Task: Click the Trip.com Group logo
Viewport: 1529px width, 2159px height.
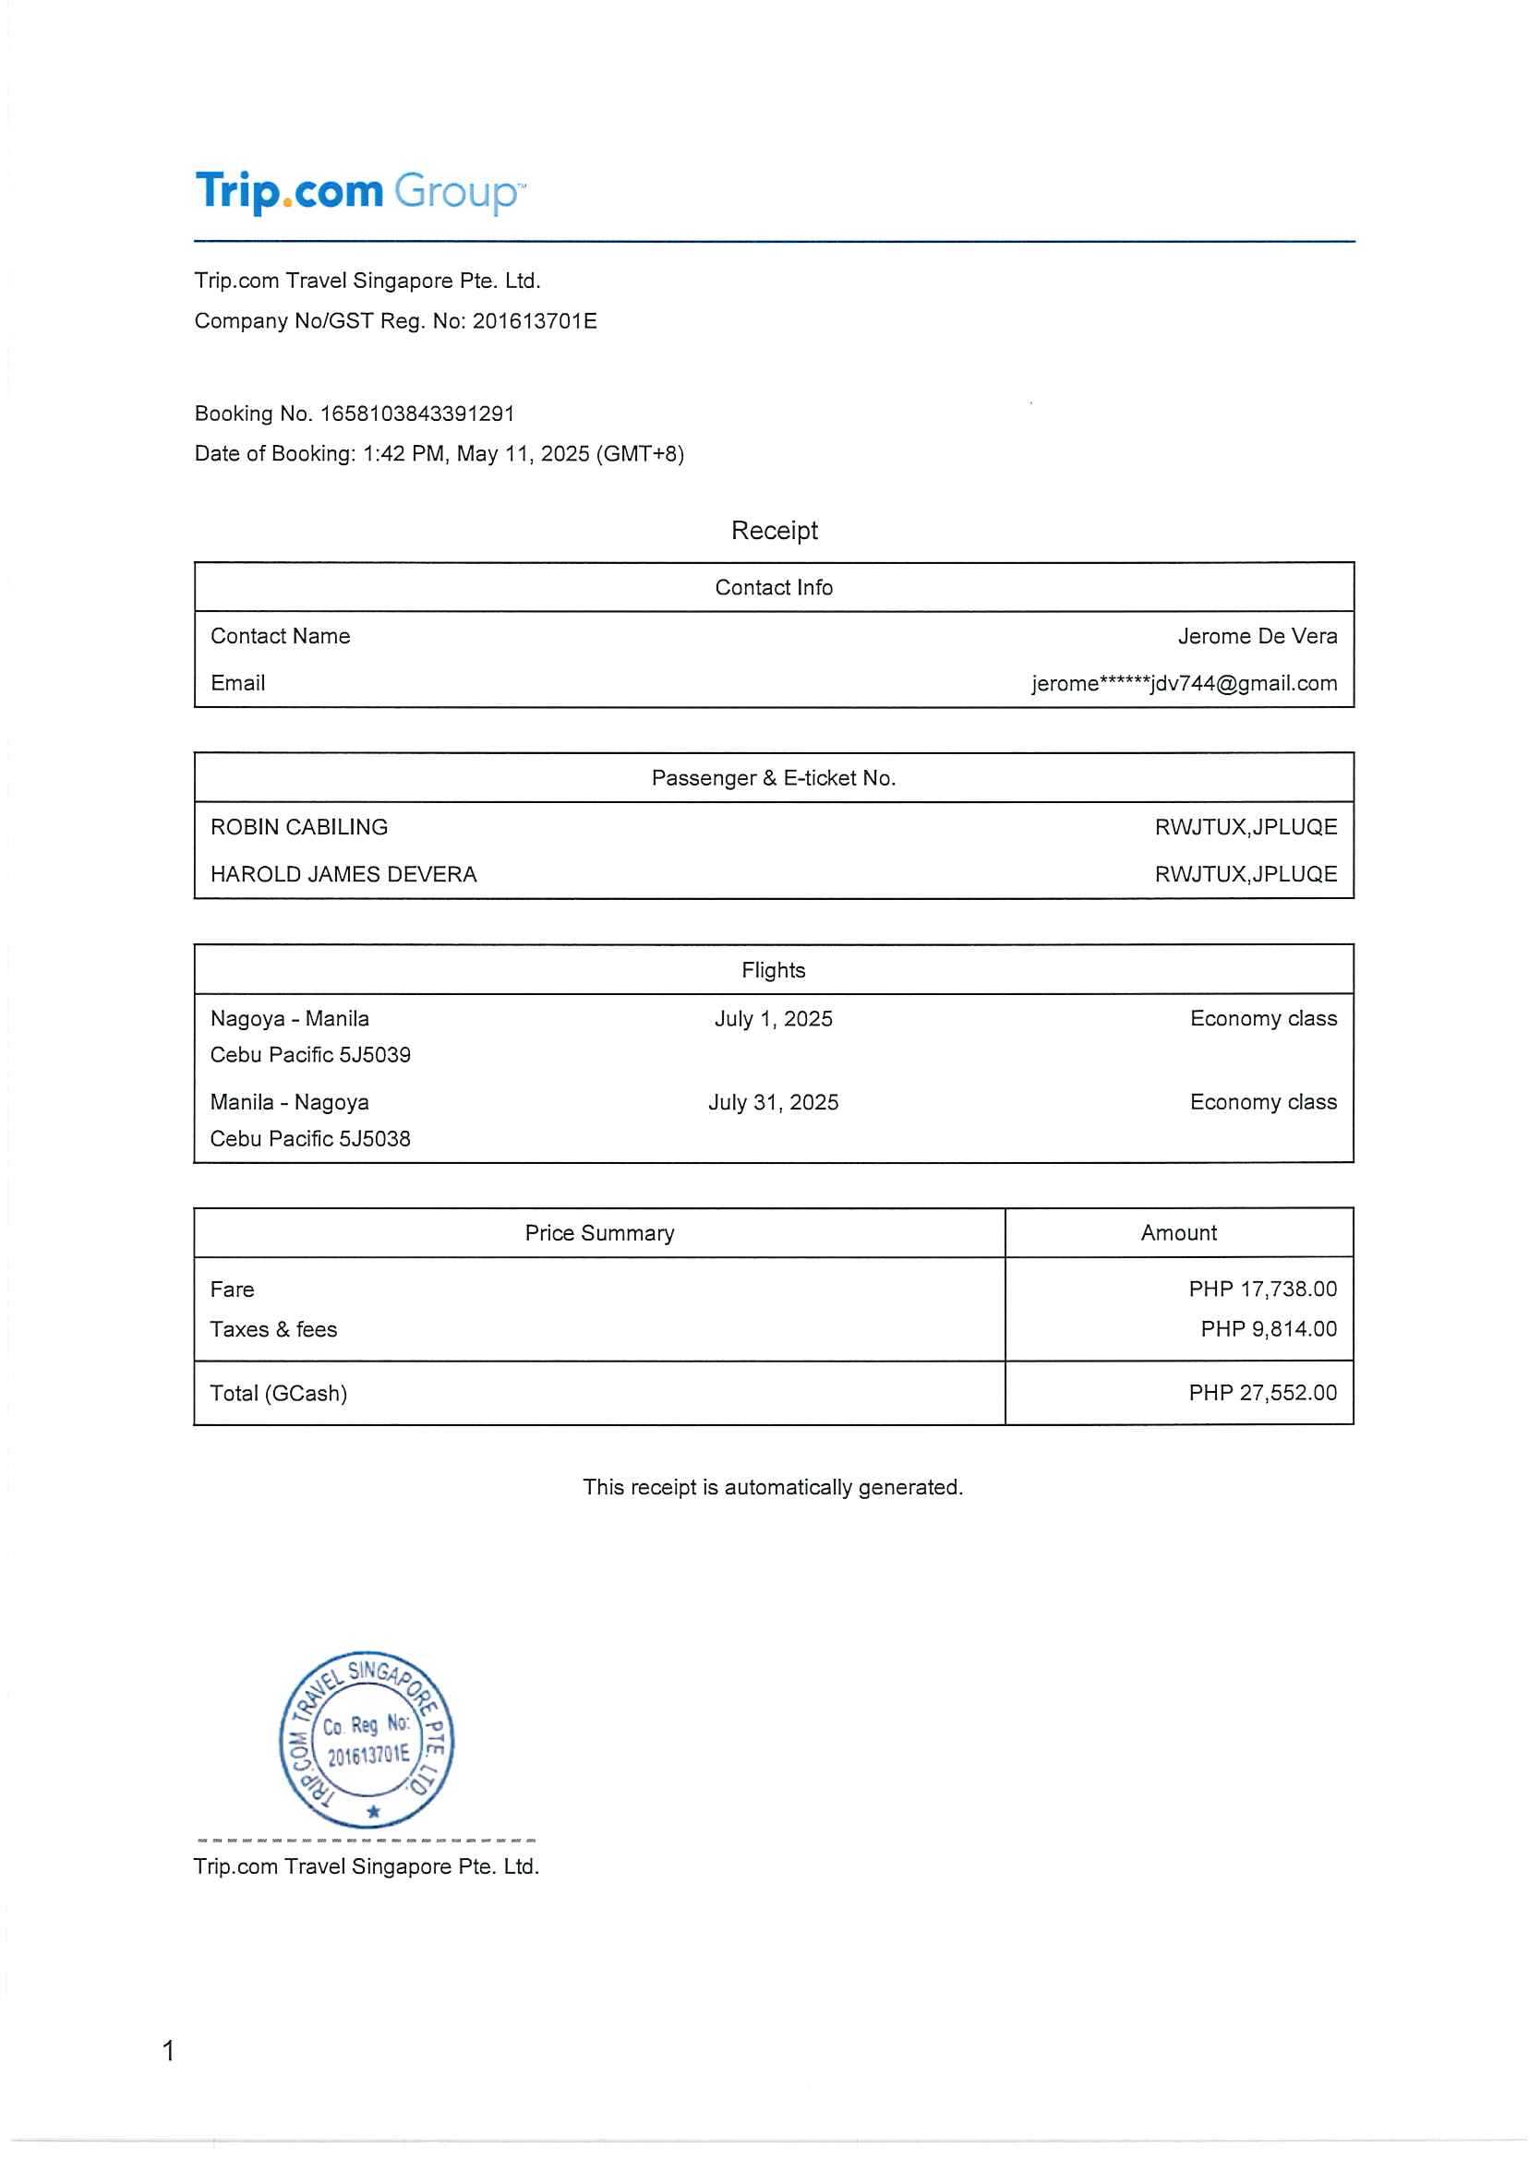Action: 360,192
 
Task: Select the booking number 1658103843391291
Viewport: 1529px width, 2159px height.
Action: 417,414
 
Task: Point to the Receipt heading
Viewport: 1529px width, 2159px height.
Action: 774,531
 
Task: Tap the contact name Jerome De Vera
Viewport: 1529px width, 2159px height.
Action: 1256,636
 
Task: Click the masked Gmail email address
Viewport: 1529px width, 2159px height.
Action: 1184,683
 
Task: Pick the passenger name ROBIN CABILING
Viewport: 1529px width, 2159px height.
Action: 298,827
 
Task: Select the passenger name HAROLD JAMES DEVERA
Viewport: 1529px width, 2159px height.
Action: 343,874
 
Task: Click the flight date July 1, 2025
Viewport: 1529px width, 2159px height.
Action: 773,1018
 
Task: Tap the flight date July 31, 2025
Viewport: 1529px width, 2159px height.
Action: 773,1102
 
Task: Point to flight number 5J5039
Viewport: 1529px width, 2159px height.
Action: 375,1055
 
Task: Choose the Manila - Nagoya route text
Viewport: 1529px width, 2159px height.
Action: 289,1102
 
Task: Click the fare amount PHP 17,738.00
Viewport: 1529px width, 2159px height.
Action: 1261,1289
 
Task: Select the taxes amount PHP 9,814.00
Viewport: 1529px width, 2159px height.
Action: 1269,1329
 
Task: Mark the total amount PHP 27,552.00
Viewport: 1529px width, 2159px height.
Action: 1261,1393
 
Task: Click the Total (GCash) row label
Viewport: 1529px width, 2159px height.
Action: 279,1393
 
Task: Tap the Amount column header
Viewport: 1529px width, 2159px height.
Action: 1178,1233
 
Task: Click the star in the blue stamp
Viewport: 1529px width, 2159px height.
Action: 374,1811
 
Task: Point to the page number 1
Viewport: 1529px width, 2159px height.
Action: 169,2051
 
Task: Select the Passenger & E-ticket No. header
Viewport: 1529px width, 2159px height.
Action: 773,778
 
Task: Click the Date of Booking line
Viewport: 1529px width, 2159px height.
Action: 439,453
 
